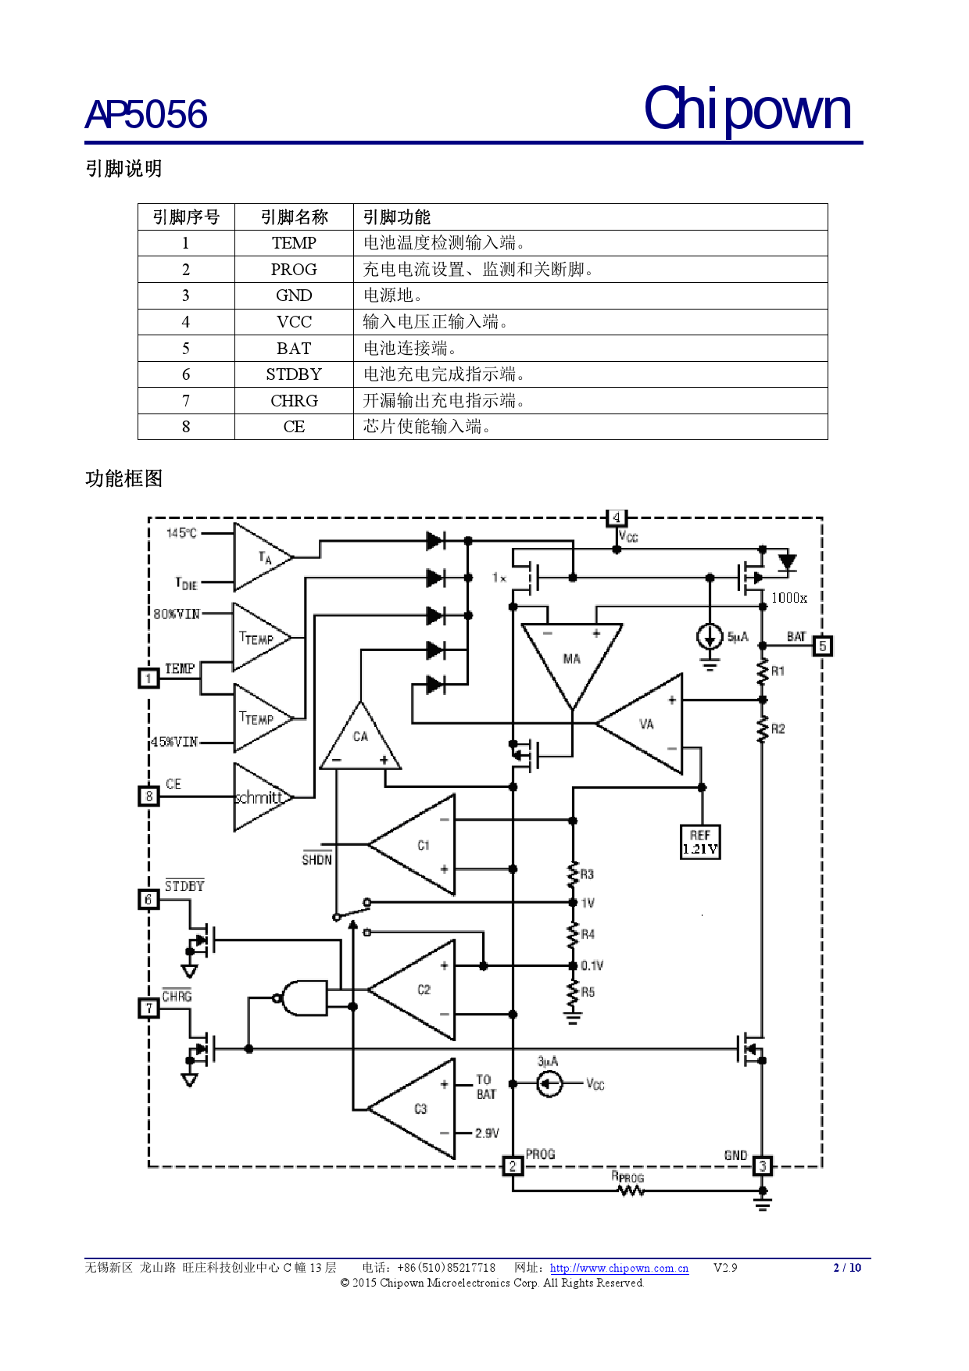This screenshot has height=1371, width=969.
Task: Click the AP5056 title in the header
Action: tap(146, 115)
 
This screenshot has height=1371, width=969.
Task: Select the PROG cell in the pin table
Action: tap(294, 270)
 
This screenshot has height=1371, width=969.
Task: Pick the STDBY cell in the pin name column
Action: tap(294, 374)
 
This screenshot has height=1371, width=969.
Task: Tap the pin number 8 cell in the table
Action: tap(186, 427)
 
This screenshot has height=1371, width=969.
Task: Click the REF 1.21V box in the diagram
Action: tap(700, 843)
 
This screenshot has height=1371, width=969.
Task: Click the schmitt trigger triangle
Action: tap(259, 797)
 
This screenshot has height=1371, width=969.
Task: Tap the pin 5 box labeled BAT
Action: tap(822, 646)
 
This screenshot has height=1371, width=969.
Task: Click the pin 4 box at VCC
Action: tap(617, 517)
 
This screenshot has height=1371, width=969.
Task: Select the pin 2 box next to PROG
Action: tap(513, 1166)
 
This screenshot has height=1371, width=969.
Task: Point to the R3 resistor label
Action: tap(587, 874)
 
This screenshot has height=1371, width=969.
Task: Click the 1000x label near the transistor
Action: tap(788, 598)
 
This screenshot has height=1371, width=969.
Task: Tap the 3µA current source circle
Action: tap(549, 1084)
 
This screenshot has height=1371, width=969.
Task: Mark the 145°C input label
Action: tap(181, 533)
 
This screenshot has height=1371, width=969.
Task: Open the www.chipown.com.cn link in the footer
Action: tap(619, 1268)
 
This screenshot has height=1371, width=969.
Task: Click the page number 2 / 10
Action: tap(847, 1268)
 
